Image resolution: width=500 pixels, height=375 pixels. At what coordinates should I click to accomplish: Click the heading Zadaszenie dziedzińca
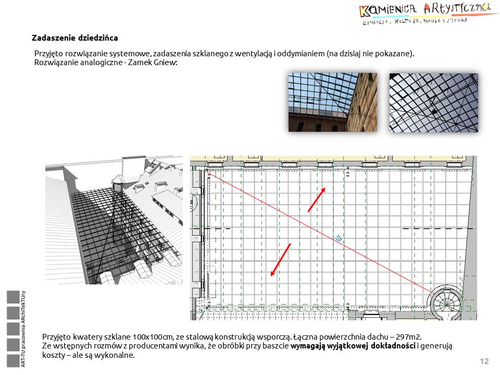click(x=75, y=38)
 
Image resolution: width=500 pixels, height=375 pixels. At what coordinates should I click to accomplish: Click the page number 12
click(x=484, y=361)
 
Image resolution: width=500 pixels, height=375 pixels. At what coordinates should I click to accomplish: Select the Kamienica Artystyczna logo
click(x=425, y=14)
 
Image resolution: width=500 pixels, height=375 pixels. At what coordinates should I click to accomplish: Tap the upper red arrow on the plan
click(x=317, y=199)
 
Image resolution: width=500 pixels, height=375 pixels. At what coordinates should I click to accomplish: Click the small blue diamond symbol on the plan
click(x=339, y=238)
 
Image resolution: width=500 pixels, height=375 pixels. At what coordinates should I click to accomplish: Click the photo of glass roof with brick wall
click(x=332, y=102)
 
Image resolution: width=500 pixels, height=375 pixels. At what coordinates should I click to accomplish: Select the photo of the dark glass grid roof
click(x=433, y=102)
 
